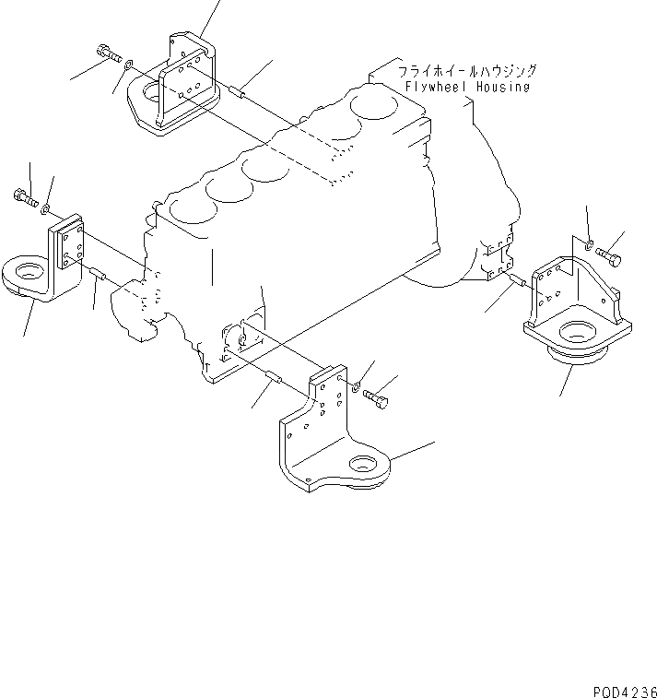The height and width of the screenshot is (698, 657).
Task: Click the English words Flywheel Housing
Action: (467, 87)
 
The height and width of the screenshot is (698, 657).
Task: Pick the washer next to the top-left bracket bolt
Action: (130, 64)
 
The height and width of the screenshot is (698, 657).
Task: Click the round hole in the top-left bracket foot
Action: (150, 92)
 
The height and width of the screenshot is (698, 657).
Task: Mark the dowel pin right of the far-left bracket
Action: (99, 274)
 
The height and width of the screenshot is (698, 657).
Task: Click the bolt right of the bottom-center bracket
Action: (378, 398)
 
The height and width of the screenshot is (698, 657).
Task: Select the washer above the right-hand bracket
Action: (588, 243)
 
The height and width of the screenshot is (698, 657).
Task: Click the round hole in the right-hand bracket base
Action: (579, 332)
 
